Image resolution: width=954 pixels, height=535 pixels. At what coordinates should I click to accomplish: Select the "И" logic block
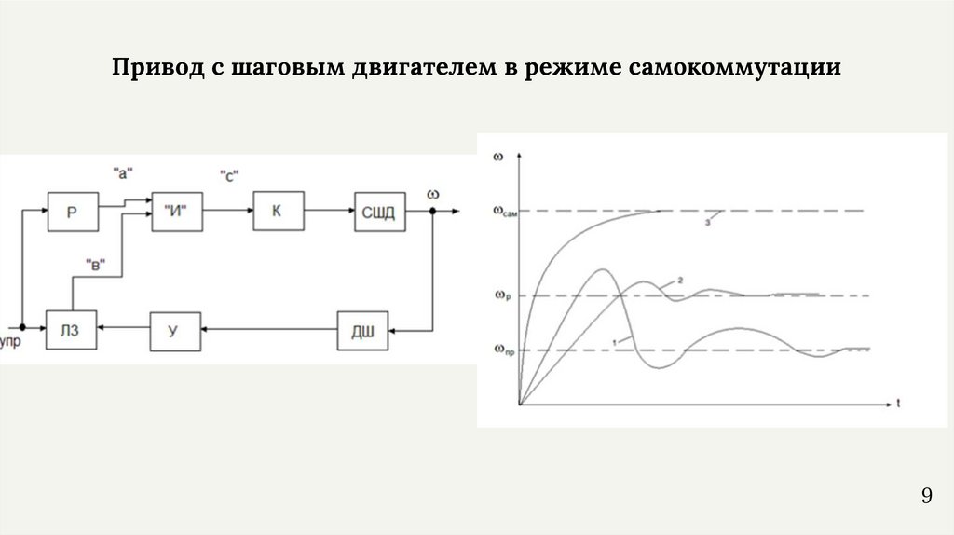pos(176,213)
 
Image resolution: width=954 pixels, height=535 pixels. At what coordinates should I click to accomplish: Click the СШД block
pos(377,213)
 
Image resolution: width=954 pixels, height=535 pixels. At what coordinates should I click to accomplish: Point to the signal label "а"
pos(123,172)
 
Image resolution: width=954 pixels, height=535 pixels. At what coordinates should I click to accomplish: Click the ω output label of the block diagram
pos(432,193)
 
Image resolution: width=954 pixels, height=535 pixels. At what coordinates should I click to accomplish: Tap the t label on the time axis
pos(899,405)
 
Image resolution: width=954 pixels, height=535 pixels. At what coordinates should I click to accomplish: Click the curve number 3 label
pos(708,222)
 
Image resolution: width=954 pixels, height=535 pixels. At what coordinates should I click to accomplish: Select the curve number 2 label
pos(680,280)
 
